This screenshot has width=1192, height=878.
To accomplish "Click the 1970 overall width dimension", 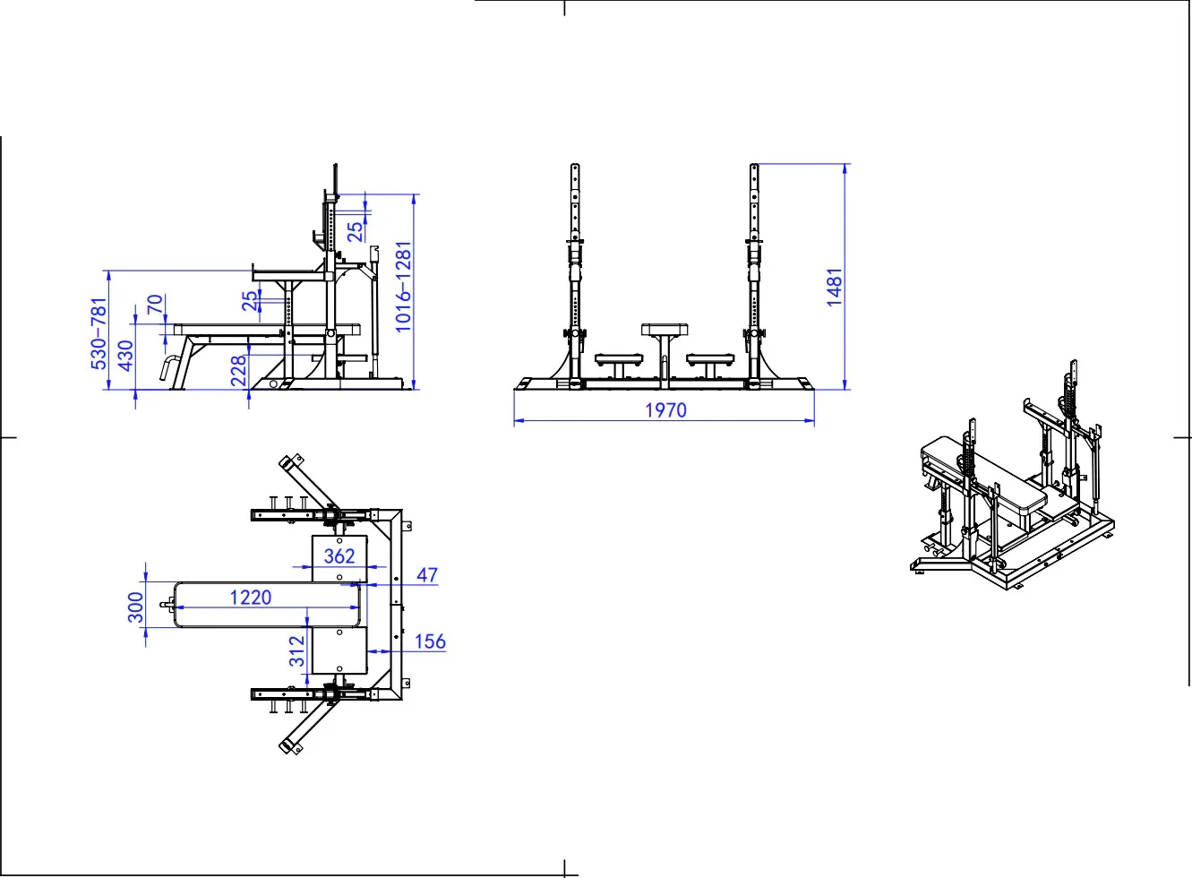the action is pos(665,410).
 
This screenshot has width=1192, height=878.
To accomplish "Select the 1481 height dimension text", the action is pos(835,287).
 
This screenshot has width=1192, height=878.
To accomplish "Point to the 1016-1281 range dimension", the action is pos(403,287).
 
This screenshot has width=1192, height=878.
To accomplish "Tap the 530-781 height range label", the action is pos(99,334).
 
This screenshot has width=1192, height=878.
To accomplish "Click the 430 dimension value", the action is pos(125,356).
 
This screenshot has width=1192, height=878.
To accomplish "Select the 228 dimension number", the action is pos(238,370).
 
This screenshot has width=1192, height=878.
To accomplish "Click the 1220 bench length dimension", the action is pos(250,598).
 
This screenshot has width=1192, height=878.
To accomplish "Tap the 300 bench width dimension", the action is pos(136,607).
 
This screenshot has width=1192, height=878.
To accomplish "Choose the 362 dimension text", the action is pos(339,556).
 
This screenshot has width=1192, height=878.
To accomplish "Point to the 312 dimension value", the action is pos(297,651).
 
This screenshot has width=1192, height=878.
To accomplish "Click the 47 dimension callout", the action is pos(427,575).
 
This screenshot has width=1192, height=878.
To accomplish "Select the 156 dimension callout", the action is pos(430,641).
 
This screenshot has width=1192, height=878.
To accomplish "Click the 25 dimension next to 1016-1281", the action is pos(356,232).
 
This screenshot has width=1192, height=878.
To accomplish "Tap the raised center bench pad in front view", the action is pos(665,329).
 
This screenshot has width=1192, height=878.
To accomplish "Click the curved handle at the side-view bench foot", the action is pos(169,368).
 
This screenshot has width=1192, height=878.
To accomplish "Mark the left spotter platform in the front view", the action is pos(618,359).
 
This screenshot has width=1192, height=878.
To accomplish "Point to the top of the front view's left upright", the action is pos(575,165).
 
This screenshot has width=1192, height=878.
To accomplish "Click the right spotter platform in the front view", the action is pos(710,359).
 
